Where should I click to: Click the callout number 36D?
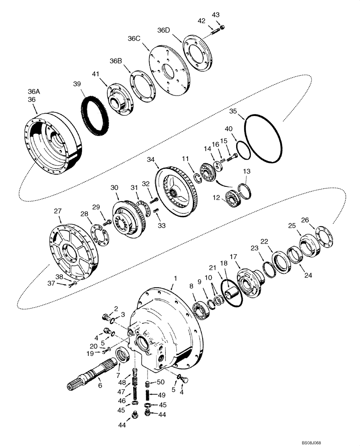(164, 30)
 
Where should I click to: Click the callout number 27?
(57, 211)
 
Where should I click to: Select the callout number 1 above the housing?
(176, 278)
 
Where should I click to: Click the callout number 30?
(115, 188)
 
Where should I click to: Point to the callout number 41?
(96, 74)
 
